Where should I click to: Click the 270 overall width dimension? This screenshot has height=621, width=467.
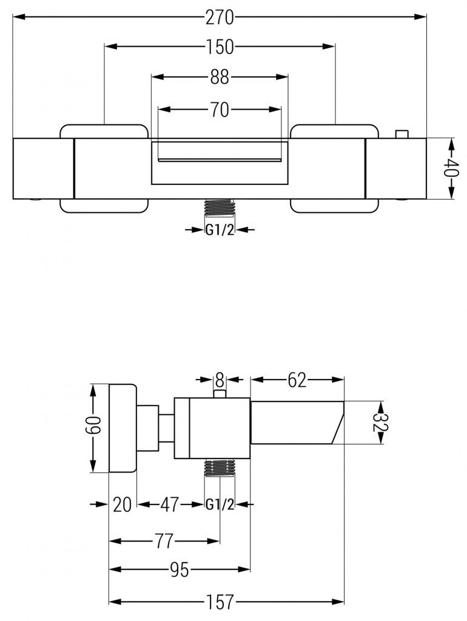coord(220,18)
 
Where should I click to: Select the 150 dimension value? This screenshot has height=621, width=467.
coord(220,47)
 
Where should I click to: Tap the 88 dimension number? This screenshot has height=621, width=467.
coord(220,77)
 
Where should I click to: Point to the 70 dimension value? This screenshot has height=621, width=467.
coord(220,110)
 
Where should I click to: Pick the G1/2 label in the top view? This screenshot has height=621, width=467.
coord(220,229)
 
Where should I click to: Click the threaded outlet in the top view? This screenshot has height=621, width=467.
coord(220,207)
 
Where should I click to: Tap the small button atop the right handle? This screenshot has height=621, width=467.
coord(401,134)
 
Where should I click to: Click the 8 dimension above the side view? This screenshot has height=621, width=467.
coord(220,380)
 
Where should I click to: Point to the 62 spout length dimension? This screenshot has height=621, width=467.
coord(297,380)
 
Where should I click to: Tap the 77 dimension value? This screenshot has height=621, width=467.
coord(164,540)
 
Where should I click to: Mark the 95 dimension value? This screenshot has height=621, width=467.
coord(180,569)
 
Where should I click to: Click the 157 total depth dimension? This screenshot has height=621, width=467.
coord(224,602)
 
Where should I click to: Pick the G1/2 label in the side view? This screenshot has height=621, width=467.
coord(220,505)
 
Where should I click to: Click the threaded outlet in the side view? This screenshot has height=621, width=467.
coord(220,469)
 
